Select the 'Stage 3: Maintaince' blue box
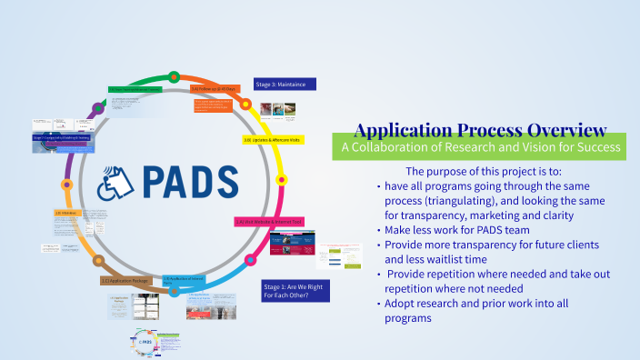coord(284,84)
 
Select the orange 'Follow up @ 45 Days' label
coord(218,90)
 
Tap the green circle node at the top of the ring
coord(174,75)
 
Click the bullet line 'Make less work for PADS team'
coord(461,231)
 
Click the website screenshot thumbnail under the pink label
coord(293,248)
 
